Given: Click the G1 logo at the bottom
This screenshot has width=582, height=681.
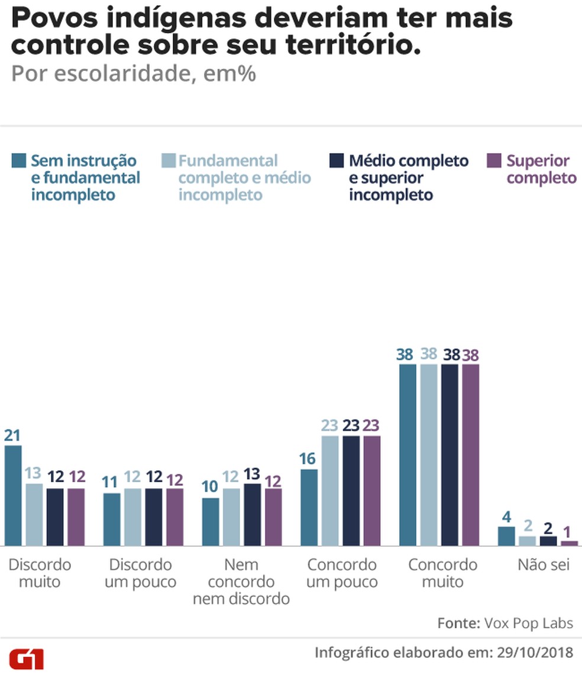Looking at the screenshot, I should (x=26, y=659).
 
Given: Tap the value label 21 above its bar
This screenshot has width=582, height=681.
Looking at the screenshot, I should (x=12, y=436).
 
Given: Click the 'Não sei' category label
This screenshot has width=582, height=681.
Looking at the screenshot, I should (x=543, y=564).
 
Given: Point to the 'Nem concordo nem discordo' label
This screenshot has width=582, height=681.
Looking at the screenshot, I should (x=241, y=582).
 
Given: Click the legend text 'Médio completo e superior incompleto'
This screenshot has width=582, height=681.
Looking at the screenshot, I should (x=408, y=177).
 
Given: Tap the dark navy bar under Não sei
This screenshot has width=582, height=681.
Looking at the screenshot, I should (x=548, y=541).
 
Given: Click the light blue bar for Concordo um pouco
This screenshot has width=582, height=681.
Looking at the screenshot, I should (x=330, y=490).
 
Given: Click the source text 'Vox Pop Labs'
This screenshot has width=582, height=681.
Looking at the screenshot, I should (x=528, y=623).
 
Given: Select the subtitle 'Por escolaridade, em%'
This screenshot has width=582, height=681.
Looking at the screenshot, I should (x=134, y=75).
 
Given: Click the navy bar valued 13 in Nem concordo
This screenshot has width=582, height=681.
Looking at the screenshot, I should (x=253, y=514).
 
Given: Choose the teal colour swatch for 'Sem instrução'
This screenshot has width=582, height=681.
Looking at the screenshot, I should (x=19, y=160).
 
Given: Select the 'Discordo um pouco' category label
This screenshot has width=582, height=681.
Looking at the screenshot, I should (x=140, y=573).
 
